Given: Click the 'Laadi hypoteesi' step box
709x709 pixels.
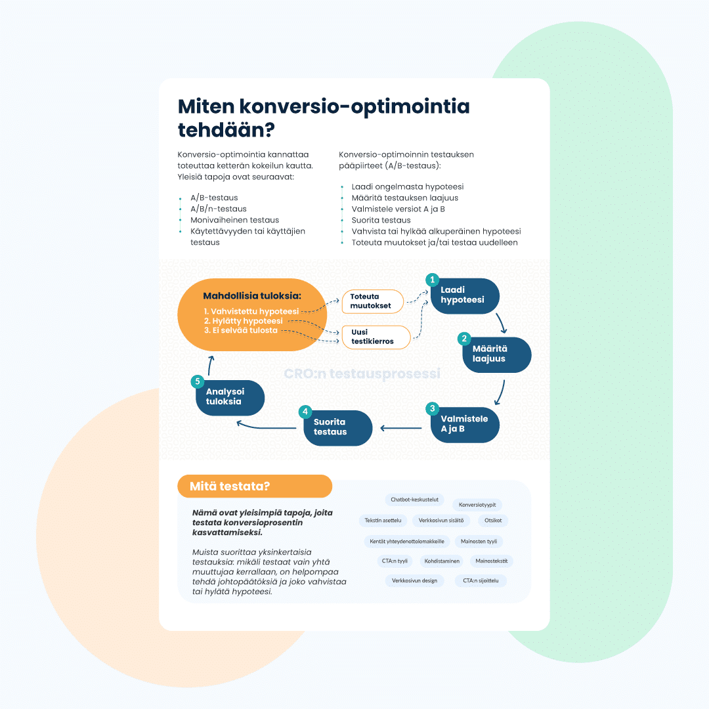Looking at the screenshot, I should (x=465, y=295).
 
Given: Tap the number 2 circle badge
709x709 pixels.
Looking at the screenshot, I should (x=464, y=339).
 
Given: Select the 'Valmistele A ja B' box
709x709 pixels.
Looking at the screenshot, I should (x=465, y=424).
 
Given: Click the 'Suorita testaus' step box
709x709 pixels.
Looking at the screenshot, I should (x=337, y=427).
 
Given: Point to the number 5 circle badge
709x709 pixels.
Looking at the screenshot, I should (x=196, y=381).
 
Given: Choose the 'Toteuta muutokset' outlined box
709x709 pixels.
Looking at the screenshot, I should (x=372, y=301).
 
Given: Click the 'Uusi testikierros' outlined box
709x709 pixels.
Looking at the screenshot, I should (x=376, y=337).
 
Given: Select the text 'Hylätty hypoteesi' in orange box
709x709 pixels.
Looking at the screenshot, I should (x=243, y=321).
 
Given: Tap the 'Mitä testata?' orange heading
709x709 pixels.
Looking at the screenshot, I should (x=254, y=486).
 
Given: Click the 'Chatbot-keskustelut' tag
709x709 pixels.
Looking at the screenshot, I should (x=414, y=500).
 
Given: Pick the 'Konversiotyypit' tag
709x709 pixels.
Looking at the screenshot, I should (x=477, y=505).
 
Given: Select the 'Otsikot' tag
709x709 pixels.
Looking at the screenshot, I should (x=493, y=521).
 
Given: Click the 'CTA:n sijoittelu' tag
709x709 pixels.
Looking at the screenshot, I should (x=481, y=581).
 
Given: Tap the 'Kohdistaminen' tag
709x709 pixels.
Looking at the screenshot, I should (x=441, y=561).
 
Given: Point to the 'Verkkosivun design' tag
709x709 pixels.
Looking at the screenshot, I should (x=414, y=581).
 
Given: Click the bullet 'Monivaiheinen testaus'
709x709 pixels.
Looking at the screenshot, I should (x=234, y=220).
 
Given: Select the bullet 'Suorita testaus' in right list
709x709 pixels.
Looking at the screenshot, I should (x=381, y=220).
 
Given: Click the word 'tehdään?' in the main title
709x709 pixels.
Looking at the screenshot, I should (x=226, y=128).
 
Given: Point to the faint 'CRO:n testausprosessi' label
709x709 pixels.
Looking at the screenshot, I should (x=362, y=374).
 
